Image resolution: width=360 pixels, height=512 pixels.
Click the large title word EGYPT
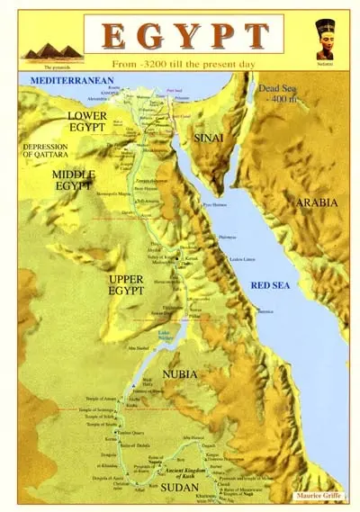tap(184, 35)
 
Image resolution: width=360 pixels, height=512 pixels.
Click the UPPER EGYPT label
tap(126, 286)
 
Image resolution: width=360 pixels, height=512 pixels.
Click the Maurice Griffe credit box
tap(319, 496)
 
